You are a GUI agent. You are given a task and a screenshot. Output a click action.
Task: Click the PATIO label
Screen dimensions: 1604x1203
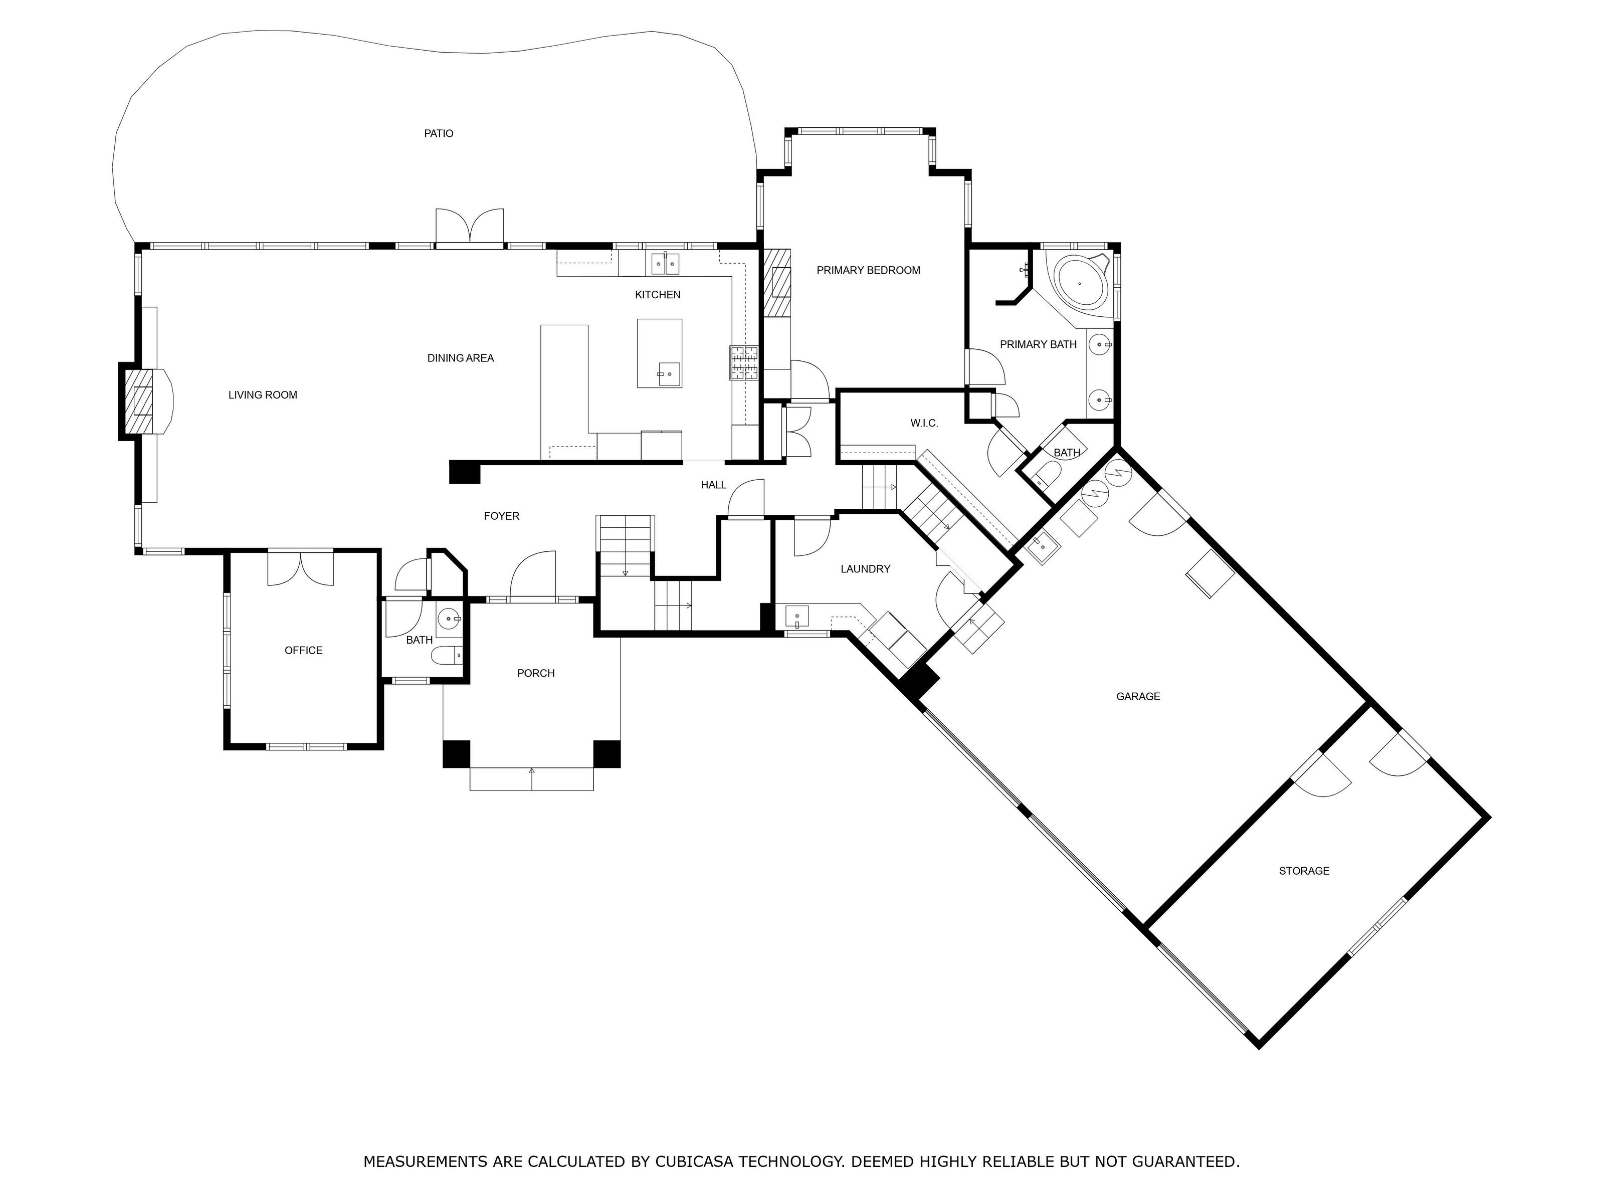[x=439, y=133]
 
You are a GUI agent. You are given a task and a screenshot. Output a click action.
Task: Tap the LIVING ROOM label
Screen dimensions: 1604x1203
[x=263, y=395]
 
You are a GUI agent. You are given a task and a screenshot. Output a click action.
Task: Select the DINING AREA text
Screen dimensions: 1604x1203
[x=461, y=358]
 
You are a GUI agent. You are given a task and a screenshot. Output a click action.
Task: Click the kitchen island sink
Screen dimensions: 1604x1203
[x=669, y=374]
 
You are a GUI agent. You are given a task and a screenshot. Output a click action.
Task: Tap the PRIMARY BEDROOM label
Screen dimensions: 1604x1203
[x=868, y=271]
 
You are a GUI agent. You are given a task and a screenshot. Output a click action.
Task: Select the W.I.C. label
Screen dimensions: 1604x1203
[x=924, y=424]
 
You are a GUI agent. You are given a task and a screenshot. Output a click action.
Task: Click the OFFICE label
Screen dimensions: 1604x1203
[x=303, y=651]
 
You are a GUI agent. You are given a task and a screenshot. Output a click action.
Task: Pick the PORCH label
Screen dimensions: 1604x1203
[x=536, y=674]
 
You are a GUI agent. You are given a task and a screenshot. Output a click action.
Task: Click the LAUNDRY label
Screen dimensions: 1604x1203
[x=865, y=569]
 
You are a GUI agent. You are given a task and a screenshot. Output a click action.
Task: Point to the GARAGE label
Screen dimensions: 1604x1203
[x=1138, y=697]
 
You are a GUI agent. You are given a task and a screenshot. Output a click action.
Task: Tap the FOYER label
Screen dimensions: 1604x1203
[x=501, y=516]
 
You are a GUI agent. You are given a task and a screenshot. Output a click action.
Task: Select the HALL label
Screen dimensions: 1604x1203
[x=714, y=485]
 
